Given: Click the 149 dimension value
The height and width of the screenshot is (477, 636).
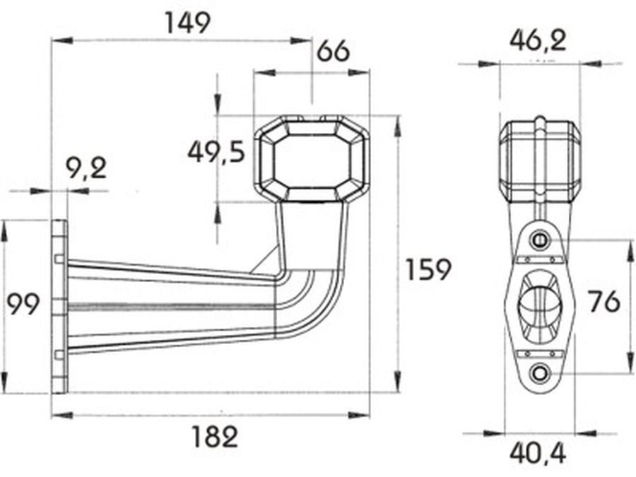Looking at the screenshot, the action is (188, 23).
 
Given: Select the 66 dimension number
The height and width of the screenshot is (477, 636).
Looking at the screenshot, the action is (333, 52).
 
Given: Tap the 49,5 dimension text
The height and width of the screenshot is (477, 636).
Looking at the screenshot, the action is (217, 153).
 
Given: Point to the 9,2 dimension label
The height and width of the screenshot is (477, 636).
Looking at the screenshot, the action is (86, 168).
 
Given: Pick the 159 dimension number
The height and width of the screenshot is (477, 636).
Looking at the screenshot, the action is (428, 270).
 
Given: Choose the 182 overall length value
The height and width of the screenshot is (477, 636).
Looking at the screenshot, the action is (215, 437).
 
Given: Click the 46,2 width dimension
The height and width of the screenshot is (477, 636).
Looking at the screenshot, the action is (538, 40).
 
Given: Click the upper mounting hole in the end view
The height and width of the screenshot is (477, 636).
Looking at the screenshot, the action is (540, 240).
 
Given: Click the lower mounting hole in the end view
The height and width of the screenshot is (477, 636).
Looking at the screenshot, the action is (540, 372).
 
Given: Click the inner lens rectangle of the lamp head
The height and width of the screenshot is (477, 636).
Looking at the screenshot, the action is (312, 161).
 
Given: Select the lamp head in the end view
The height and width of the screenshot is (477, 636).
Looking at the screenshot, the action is (539, 160).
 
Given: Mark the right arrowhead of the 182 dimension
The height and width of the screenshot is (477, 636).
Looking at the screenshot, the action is (359, 415).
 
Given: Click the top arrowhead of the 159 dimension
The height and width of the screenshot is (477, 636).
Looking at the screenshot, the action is (398, 126).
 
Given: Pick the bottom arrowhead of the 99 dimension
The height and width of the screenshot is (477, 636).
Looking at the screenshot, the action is (5, 382).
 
